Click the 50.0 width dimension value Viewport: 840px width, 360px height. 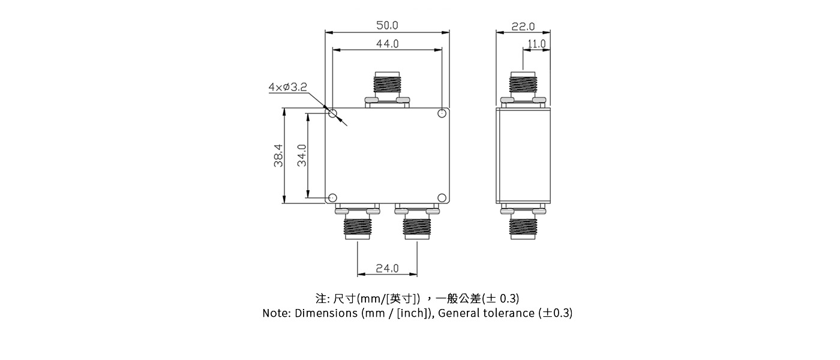coord(387,25)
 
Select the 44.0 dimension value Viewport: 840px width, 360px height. coord(387,44)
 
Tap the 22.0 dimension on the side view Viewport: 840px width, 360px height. coord(523,26)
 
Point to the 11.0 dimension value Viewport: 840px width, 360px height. coord(536,44)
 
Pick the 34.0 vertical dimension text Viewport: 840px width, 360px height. coord(302,155)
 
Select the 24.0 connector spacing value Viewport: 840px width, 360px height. coord(387,268)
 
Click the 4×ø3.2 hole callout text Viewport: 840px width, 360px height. coord(287,88)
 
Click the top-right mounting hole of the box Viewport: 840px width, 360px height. coord(442,113)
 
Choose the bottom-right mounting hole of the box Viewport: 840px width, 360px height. coord(442,197)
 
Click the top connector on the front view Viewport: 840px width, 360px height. coord(388,88)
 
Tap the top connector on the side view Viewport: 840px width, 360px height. coord(523,88)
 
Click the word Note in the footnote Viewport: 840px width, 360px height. coord(276,313)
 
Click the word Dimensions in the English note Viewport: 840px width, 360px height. coord(326,313)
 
